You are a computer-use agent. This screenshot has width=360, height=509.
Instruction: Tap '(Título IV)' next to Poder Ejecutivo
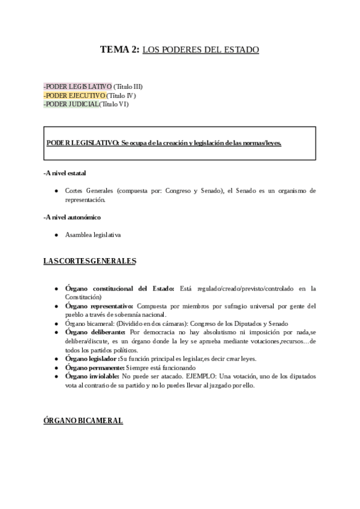point(121,95)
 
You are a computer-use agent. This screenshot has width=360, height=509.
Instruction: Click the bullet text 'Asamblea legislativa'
point(93,235)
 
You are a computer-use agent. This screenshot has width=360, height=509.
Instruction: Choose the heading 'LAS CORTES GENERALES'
point(89,261)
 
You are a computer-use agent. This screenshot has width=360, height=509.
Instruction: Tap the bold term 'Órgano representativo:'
point(100,306)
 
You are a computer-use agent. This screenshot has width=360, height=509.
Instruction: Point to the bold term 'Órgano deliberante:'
point(95,332)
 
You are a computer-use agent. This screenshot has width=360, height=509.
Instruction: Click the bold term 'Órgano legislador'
point(91,358)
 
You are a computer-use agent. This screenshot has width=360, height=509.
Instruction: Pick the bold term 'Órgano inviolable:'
point(92,376)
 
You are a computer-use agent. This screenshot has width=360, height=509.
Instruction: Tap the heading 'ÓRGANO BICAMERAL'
point(83,421)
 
